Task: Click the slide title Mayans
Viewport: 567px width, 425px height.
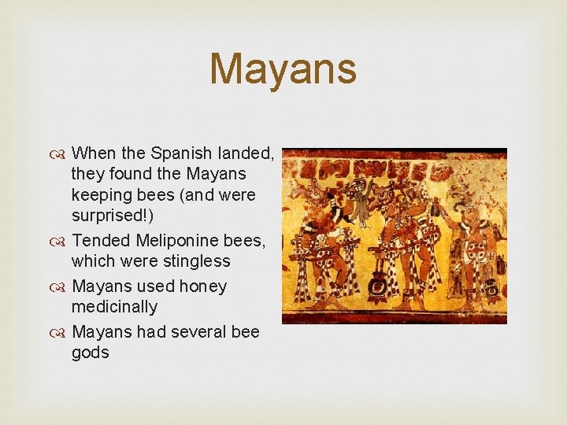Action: pyautogui.click(x=283, y=68)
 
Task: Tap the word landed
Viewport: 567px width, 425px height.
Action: pyautogui.click(x=245, y=153)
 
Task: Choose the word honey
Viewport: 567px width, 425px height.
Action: pyautogui.click(x=202, y=286)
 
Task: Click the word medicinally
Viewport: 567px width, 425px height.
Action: pyautogui.click(x=114, y=307)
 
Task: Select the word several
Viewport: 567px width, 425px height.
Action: pyautogui.click(x=195, y=332)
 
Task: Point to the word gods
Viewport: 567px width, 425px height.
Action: pyautogui.click(x=90, y=353)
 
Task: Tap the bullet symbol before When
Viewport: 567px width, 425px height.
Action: pyautogui.click(x=62, y=153)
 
